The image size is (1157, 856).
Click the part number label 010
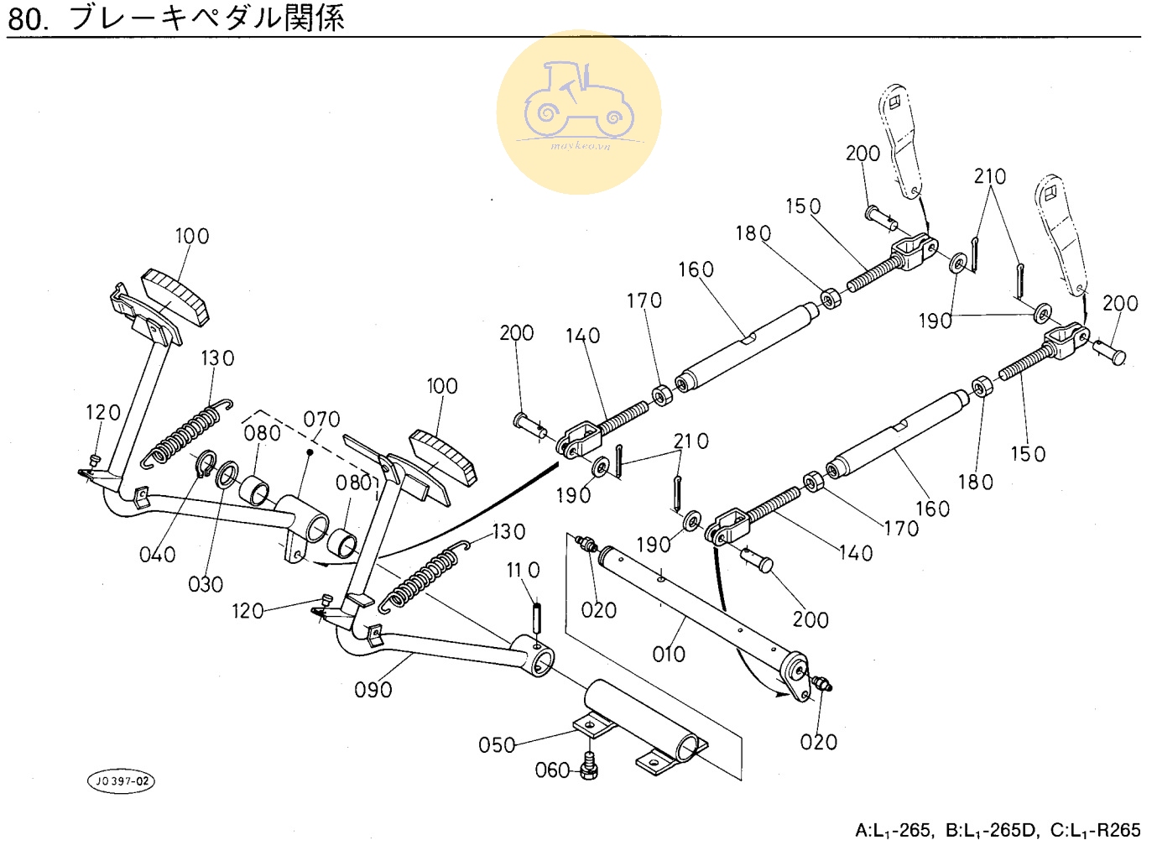point(669,654)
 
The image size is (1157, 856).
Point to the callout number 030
point(206,584)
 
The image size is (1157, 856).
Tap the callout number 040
point(158,555)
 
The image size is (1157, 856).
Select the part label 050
point(497,744)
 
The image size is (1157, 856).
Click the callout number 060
point(552,770)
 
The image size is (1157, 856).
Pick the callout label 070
point(321,419)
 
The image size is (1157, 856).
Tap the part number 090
point(373,690)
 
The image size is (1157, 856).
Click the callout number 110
point(523,571)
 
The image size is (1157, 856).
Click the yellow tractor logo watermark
point(579,112)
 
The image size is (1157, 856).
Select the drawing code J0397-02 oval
point(122,781)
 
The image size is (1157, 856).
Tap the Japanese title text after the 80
point(206,17)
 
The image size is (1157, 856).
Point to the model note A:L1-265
point(892,831)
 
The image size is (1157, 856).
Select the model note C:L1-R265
point(1095,831)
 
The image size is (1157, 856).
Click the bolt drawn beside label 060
point(590,766)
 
